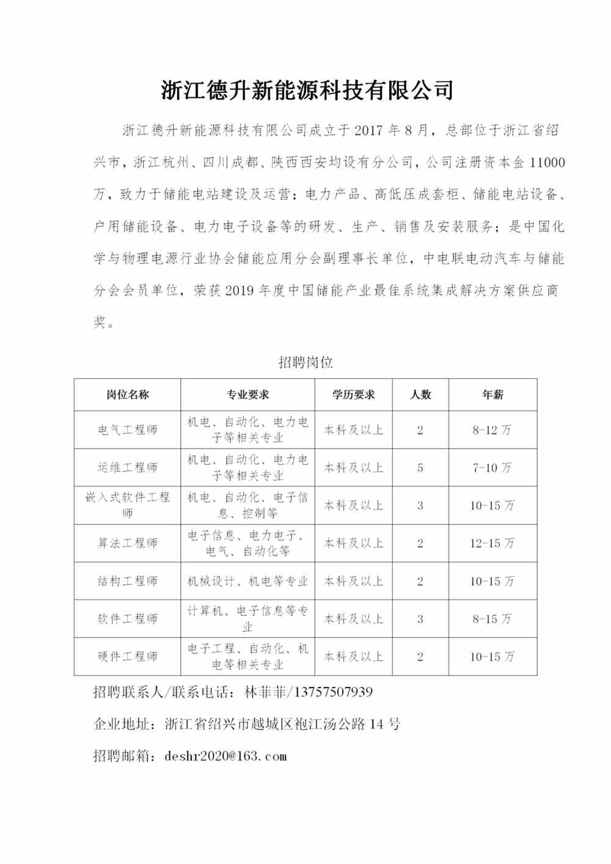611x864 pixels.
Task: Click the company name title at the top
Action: tap(307, 90)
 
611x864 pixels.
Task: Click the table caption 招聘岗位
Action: tap(305, 362)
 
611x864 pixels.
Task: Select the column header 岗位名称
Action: tap(127, 395)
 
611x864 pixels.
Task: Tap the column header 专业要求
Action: tap(247, 395)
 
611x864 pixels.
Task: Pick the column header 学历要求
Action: tap(353, 395)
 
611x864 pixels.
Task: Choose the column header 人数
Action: tap(420, 395)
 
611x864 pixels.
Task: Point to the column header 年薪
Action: tap(492, 395)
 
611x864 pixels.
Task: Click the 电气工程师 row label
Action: tap(127, 430)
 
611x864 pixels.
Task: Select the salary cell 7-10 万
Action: tap(492, 468)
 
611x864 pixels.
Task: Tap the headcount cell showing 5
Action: tap(420, 468)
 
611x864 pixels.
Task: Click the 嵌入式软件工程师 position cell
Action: tap(127, 505)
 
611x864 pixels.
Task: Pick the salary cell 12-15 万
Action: tap(492, 543)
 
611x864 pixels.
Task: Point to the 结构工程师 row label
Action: tap(127, 581)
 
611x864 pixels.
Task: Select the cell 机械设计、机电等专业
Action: tap(247, 581)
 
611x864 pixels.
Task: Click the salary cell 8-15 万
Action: tap(492, 619)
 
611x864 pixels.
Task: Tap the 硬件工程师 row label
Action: tap(127, 657)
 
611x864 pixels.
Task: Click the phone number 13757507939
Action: tap(334, 692)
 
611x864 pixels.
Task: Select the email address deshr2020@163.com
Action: tap(225, 756)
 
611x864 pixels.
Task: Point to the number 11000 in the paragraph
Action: tap(547, 163)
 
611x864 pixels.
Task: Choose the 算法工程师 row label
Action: tap(127, 543)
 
